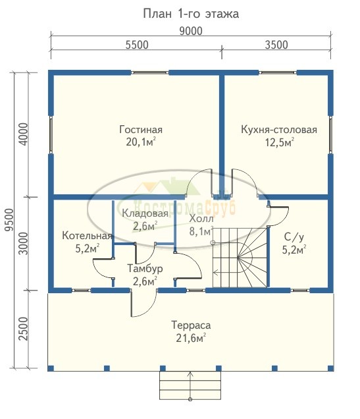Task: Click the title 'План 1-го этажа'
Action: [191, 14]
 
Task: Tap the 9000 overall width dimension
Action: [191, 31]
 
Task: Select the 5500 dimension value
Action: [137, 45]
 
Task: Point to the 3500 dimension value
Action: [276, 45]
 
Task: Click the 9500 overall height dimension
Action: [9, 220]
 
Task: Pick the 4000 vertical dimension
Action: [24, 134]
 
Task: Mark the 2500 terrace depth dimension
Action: [24, 329]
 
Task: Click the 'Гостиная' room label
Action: [141, 130]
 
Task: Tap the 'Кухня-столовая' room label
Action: [279, 130]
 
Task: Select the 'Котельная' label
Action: [87, 236]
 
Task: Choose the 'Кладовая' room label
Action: [145, 213]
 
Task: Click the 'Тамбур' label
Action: [145, 268]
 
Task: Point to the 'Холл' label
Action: [201, 219]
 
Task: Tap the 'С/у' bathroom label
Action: [294, 237]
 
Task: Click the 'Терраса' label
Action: [191, 325]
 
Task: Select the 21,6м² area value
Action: [191, 338]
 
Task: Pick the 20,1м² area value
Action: [141, 142]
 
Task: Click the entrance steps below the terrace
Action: [190, 385]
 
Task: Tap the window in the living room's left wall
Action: [51, 134]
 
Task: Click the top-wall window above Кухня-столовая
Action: [278, 72]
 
